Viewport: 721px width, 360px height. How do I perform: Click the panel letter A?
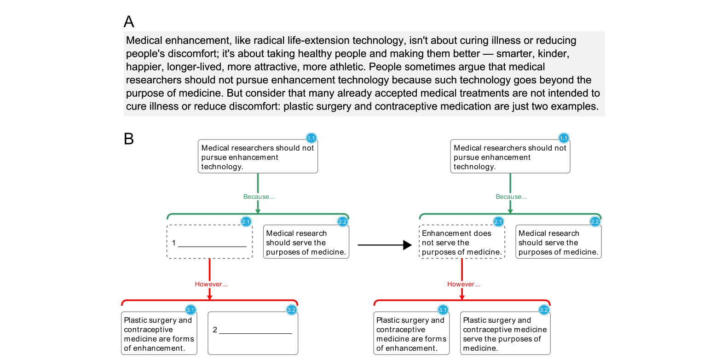[x=129, y=22]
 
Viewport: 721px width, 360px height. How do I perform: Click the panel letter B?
[x=128, y=139]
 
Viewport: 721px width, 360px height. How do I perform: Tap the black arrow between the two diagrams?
[x=385, y=245]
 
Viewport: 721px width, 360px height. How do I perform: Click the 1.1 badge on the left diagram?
[x=311, y=138]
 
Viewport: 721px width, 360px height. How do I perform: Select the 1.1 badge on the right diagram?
[x=564, y=138]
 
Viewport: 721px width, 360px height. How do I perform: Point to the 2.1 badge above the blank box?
[x=246, y=221]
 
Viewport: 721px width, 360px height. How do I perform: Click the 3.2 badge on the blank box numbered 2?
[x=292, y=310]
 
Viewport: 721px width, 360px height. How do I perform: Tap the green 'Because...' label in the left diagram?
[x=259, y=197]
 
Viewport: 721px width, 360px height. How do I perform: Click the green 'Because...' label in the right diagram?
[x=511, y=197]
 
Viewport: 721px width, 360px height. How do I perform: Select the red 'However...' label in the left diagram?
[x=211, y=284]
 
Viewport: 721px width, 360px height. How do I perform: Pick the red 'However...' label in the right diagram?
[x=463, y=284]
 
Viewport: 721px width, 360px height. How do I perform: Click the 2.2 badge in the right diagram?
[x=595, y=221]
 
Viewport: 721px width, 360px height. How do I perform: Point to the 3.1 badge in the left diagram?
[x=190, y=310]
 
